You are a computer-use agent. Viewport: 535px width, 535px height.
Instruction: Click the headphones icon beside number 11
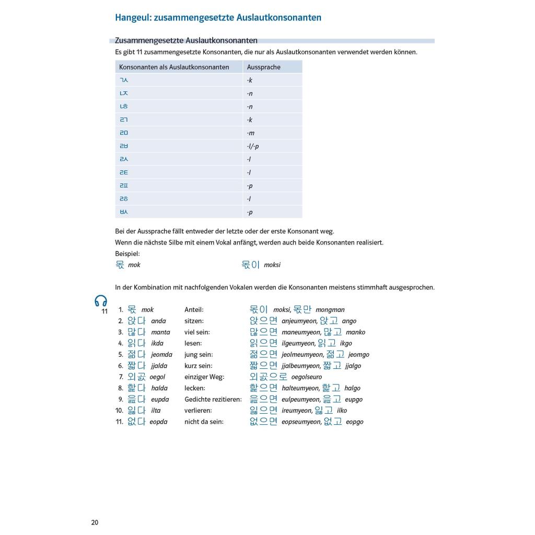100,300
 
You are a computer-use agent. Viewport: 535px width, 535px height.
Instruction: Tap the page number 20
95,522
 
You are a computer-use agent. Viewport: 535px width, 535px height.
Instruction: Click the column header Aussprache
263,67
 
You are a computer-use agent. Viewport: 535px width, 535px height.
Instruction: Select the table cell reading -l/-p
253,146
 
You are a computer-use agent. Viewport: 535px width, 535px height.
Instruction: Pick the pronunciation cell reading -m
251,133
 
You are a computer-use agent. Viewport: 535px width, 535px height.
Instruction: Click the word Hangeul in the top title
133,18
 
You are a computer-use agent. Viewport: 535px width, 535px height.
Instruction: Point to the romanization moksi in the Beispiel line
272,265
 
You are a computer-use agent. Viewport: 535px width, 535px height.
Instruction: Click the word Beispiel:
127,253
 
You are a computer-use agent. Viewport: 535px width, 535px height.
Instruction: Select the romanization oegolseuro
307,377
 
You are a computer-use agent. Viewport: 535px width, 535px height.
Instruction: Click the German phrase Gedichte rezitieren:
213,400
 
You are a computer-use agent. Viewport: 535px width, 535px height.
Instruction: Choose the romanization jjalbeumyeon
300,366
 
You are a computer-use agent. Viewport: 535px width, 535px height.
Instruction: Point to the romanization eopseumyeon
301,422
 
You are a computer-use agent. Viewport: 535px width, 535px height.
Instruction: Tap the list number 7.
121,377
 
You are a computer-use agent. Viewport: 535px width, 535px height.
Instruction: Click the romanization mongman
330,310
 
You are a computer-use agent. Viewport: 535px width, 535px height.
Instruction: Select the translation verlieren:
198,411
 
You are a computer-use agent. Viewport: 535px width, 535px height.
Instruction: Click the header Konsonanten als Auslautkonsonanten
174,67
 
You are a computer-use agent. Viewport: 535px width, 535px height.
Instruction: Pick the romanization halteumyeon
300,389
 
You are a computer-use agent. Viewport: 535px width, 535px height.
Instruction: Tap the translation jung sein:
198,355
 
